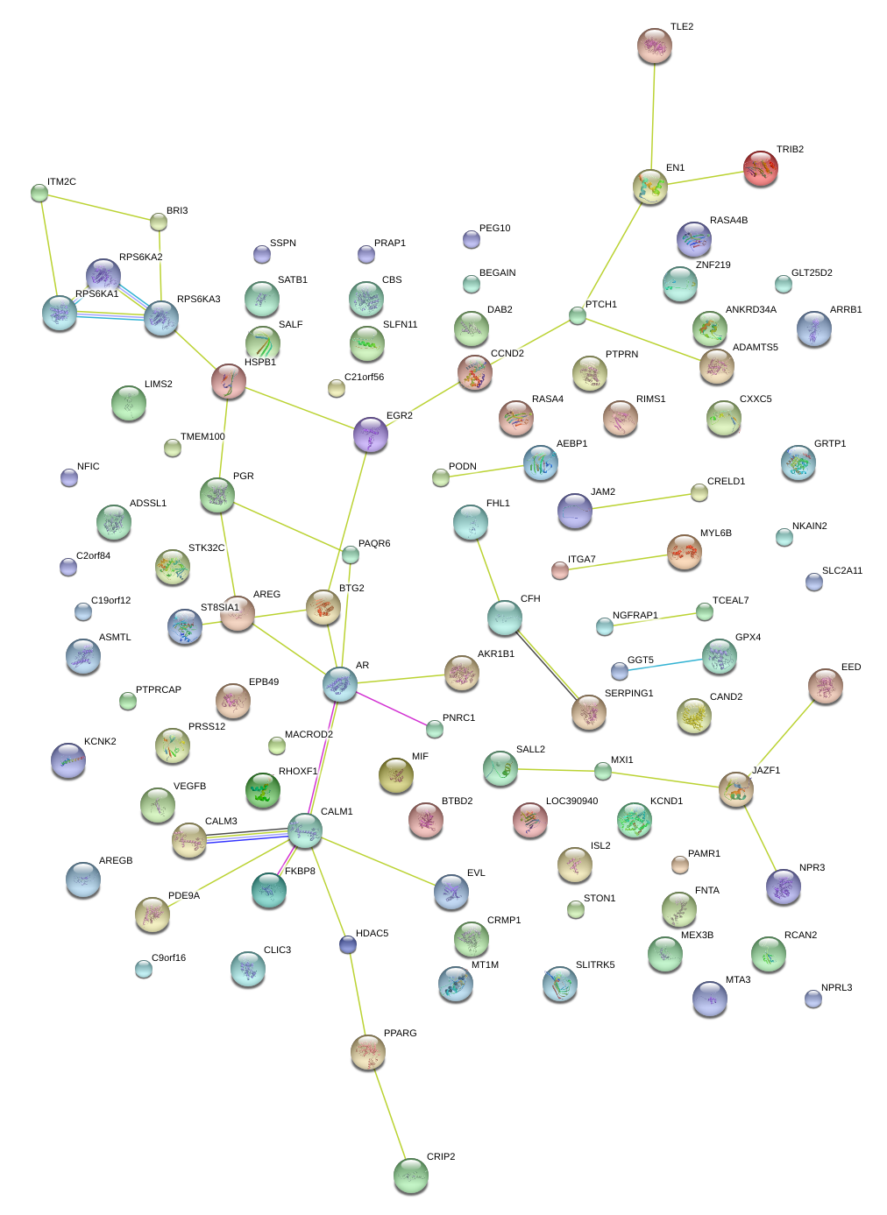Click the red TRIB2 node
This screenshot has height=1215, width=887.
(x=760, y=168)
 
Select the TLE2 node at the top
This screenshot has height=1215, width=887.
(x=654, y=46)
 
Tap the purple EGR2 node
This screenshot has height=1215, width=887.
(x=370, y=434)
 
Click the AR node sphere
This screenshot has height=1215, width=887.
(x=339, y=684)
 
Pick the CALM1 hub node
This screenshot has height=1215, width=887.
(x=304, y=830)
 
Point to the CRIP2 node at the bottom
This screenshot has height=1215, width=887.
(x=410, y=1176)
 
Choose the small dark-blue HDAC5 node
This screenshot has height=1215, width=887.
(x=348, y=944)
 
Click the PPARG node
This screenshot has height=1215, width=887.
(x=367, y=1052)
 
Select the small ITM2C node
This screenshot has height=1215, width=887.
(x=39, y=193)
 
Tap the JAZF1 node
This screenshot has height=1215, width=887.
(x=735, y=789)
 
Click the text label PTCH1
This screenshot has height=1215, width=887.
(x=601, y=305)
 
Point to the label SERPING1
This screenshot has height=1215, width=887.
(x=628, y=694)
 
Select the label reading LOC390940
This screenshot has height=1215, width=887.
(x=571, y=802)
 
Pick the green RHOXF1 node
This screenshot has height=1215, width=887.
(x=262, y=791)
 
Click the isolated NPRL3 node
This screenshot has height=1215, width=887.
(x=813, y=999)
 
